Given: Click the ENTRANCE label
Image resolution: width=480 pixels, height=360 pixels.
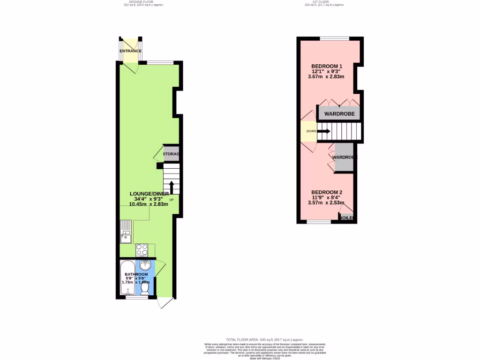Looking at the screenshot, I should [130, 51].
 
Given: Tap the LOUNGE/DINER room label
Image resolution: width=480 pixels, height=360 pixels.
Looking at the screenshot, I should [149, 193].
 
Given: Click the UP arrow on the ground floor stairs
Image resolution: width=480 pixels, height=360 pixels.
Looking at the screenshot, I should [172, 187].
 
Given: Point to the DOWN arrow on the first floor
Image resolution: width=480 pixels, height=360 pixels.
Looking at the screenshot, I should [324, 131].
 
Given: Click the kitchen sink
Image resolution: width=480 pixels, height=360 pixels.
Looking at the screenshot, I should [126, 232].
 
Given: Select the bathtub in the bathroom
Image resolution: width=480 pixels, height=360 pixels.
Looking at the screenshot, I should [127, 279].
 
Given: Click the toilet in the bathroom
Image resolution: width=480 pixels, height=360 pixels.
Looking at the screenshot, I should [145, 290].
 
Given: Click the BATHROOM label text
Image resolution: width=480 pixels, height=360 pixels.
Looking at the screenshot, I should [136, 274].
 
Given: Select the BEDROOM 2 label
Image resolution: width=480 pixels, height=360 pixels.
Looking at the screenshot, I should [327, 192].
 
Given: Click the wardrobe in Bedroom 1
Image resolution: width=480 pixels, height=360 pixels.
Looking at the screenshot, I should [339, 114].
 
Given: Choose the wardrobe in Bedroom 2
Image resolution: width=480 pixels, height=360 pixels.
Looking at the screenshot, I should [345, 158].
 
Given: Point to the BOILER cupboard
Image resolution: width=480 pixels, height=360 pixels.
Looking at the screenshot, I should [346, 218].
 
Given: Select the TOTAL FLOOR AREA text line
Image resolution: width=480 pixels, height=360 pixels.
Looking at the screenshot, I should [265, 339].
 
